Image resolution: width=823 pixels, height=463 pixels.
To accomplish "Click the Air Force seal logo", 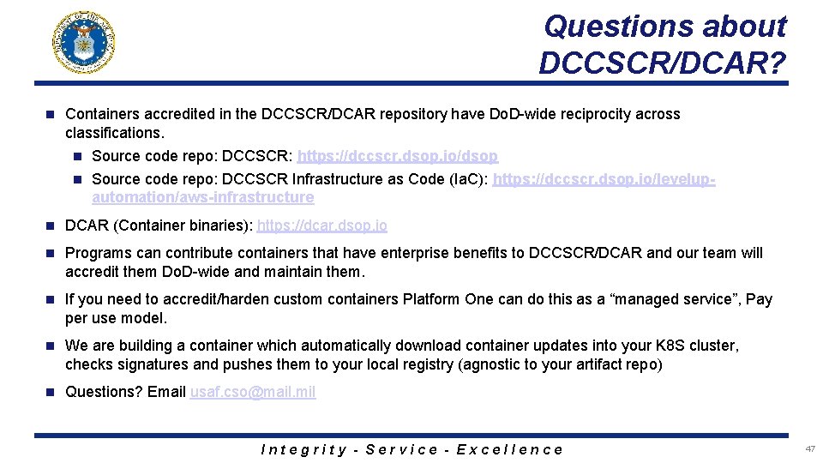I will pos(84,42).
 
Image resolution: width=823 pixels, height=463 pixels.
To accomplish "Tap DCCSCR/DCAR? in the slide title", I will pos(663,62).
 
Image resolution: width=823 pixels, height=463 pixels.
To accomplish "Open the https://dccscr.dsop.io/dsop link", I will pos(397,156).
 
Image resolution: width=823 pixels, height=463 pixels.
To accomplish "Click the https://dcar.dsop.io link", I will pos(321,225).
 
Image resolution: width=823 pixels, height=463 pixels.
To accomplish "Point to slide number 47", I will pos(810,448).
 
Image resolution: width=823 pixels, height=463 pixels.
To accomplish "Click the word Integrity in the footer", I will pos(303,449).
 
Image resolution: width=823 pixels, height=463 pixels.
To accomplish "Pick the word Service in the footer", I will pos(401,449).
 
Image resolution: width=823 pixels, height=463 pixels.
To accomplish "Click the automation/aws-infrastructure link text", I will pos(202,197).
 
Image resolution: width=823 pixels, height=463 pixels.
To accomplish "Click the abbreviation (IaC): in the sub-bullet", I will pos(467,179).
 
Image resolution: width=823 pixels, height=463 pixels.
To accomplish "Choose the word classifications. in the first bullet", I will pos(114,133).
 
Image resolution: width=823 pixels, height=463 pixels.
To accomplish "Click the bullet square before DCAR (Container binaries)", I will pos(50,225).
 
